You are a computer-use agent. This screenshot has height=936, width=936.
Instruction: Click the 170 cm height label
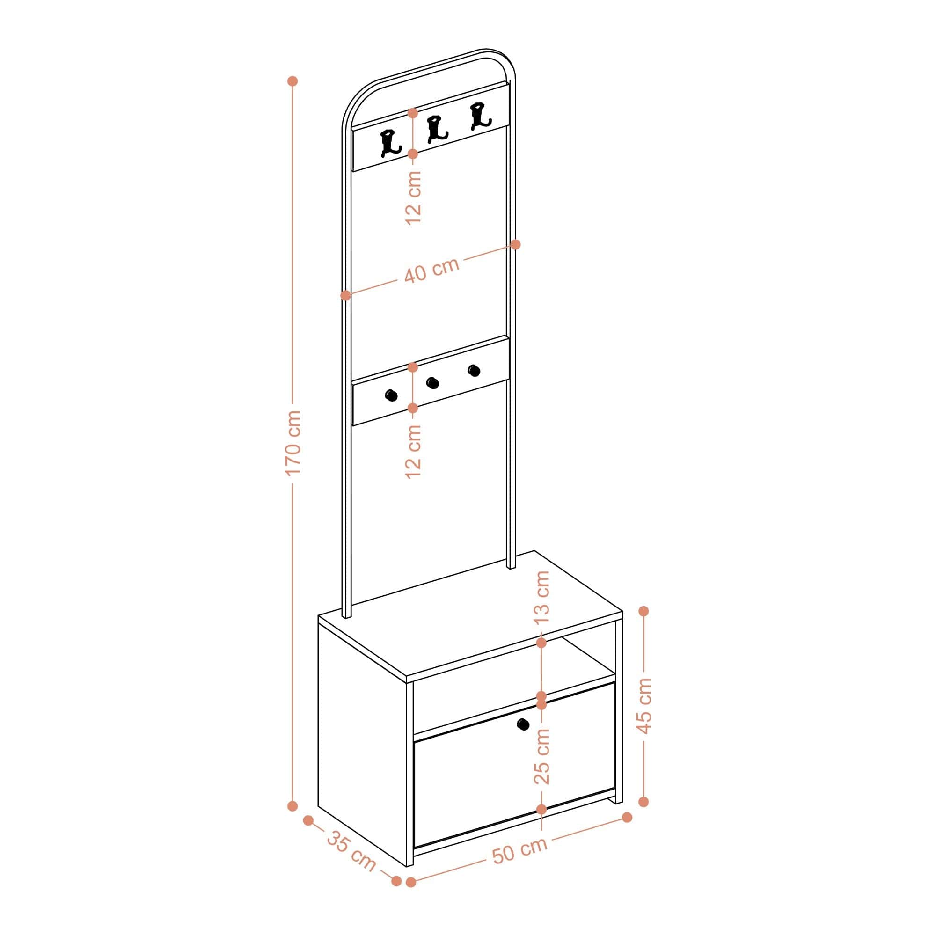coord(294,443)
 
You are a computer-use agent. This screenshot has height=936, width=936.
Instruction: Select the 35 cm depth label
coord(351,851)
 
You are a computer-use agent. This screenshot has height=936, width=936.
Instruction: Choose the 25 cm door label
coord(542,756)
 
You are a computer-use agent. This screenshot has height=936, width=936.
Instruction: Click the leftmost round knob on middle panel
coord(391,395)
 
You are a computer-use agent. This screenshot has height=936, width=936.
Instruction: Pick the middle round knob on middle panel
coord(432,383)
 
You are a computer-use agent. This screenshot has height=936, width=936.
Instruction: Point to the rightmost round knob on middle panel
coord(474,371)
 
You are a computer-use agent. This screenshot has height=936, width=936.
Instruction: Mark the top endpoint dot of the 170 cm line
coord(292,81)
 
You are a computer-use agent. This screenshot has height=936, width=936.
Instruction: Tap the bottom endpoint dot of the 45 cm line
coord(644,802)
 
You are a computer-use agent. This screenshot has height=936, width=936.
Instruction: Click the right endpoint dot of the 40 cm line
coord(515,245)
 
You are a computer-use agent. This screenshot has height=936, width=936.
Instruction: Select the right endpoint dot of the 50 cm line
coord(628,817)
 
